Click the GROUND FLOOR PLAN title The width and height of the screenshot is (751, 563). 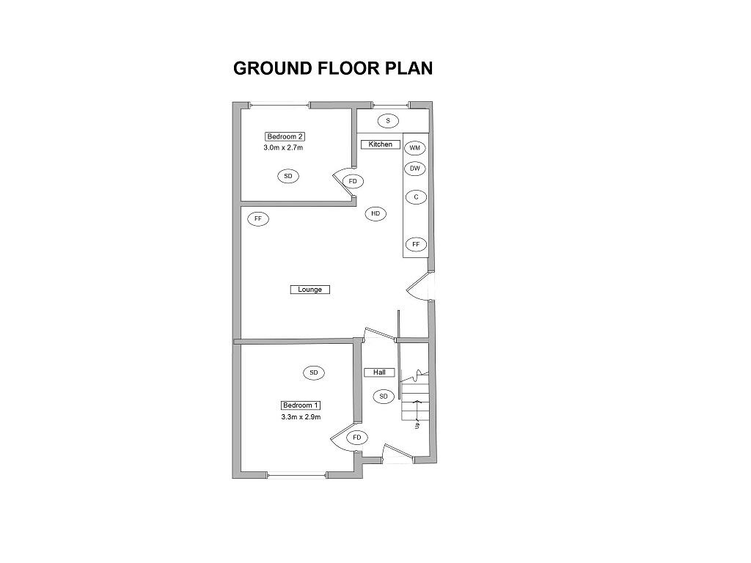click(x=333, y=68)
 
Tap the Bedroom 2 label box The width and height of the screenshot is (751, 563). click(x=285, y=136)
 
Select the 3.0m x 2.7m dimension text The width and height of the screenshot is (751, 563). click(x=283, y=147)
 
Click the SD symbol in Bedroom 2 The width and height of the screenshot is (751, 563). click(x=287, y=176)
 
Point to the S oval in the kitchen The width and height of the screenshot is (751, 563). click(x=389, y=120)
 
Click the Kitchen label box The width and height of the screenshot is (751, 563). click(x=381, y=144)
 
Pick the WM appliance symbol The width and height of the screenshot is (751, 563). click(x=415, y=148)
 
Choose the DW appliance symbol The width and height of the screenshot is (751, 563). click(x=415, y=169)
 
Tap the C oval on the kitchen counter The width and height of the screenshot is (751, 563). click(x=416, y=197)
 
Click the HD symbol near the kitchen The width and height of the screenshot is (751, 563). click(x=375, y=214)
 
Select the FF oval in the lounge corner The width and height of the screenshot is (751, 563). click(x=258, y=218)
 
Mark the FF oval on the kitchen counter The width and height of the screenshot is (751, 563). click(x=416, y=244)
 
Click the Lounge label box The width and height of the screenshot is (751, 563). click(x=310, y=290)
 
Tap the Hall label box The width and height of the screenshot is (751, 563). click(x=379, y=372)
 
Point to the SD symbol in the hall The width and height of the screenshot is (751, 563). click(x=383, y=397)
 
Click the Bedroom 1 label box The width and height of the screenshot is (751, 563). click(x=301, y=405)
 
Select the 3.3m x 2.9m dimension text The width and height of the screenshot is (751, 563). click(x=301, y=417)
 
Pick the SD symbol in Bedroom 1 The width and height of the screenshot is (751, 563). click(x=313, y=373)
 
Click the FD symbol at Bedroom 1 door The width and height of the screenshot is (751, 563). click(x=357, y=438)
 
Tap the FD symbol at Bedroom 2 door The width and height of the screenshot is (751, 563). click(x=353, y=181)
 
